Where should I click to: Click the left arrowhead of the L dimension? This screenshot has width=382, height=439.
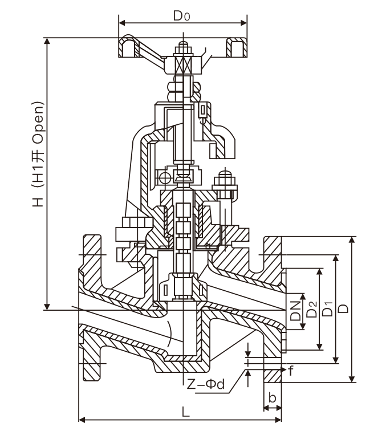click(80, 420)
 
